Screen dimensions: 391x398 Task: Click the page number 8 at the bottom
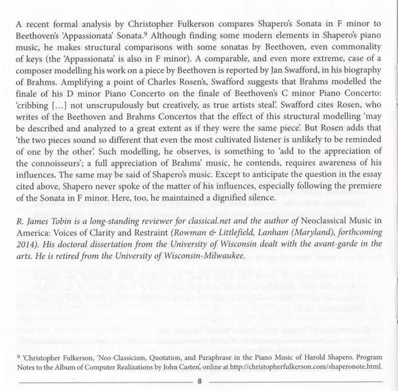tap(199, 382)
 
